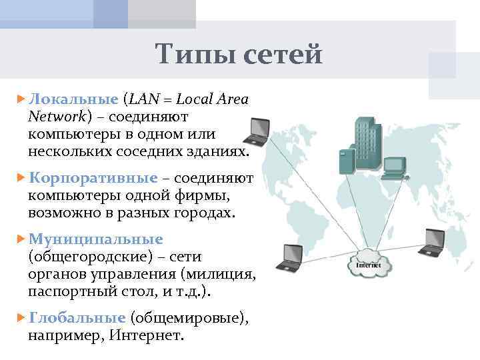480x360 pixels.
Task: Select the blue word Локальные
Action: coord(73,100)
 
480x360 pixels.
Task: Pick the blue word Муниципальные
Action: coord(95,239)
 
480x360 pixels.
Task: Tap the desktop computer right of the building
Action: coord(396,167)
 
